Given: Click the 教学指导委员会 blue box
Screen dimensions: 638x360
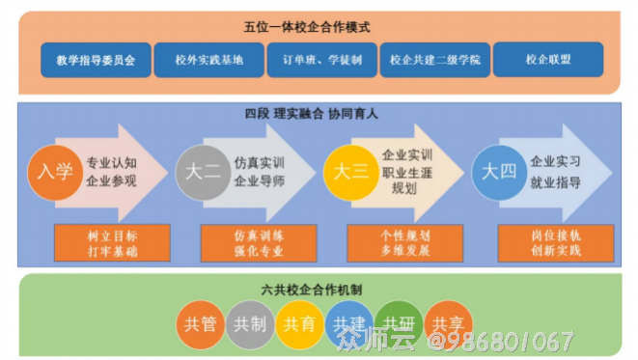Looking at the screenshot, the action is tap(97, 61).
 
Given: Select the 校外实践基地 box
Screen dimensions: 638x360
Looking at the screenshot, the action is tap(209, 61).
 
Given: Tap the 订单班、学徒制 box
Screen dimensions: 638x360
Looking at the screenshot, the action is tap(322, 61).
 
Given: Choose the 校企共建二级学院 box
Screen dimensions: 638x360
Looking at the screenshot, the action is tap(434, 61).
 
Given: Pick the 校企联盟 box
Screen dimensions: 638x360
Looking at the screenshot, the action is tap(547, 61).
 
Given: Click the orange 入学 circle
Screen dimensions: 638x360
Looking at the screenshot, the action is tap(55, 173).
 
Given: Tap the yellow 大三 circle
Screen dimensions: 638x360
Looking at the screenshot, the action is tap(350, 172).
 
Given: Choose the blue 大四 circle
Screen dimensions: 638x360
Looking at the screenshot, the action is tap(498, 173).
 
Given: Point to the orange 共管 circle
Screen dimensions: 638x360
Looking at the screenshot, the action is tap(201, 325).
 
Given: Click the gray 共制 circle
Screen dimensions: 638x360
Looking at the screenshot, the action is tap(250, 325).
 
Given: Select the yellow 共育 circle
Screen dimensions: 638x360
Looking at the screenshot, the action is tap(299, 325).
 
